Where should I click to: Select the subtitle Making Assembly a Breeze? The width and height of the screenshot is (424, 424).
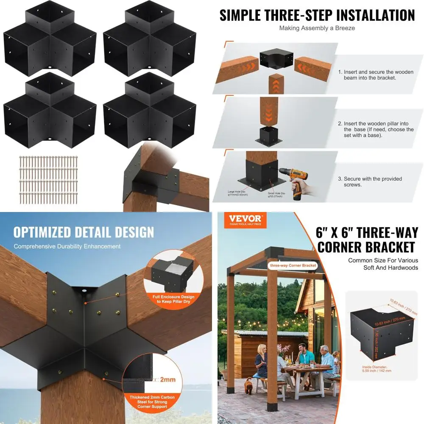point(317,28)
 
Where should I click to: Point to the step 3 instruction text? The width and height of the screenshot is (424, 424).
point(373,181)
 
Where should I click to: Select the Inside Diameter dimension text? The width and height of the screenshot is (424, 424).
point(377,368)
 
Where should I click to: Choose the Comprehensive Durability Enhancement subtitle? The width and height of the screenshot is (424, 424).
point(67,246)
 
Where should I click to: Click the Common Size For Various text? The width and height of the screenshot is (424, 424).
point(383,260)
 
